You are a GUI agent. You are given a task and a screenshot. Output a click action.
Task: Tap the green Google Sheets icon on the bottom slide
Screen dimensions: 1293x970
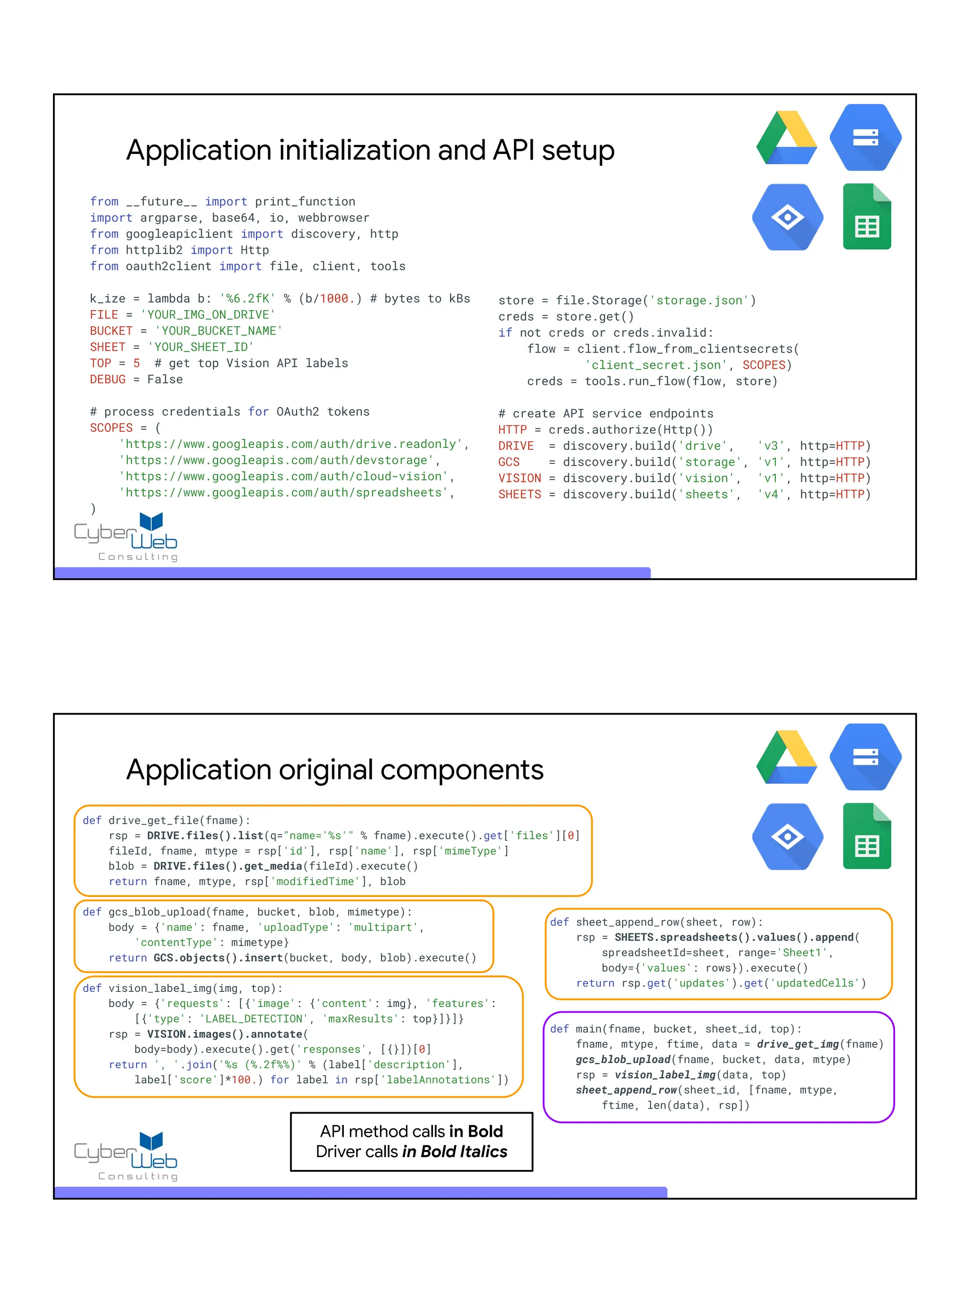point(866,837)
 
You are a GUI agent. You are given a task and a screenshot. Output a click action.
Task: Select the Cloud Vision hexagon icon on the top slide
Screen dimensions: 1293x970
point(788,217)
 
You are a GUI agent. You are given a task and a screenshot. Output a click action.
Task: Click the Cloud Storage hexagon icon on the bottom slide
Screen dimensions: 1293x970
point(865,757)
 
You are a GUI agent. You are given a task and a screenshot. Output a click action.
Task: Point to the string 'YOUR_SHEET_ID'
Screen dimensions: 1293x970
point(200,347)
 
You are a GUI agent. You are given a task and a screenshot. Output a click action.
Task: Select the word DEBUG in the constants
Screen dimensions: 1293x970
point(108,379)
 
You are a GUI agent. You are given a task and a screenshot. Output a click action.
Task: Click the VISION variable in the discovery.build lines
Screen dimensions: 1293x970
point(519,478)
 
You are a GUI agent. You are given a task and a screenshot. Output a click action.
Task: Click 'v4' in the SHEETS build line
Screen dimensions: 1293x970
point(771,494)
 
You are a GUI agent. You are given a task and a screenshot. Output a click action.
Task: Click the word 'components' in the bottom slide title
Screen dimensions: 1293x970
point(462,770)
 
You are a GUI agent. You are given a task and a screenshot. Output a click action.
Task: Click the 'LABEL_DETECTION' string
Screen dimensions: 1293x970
point(254,1019)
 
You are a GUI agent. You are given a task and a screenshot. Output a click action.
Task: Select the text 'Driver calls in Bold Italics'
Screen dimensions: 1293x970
point(412,1151)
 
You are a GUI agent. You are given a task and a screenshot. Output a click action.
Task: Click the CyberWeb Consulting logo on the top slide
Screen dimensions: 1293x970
point(126,536)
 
